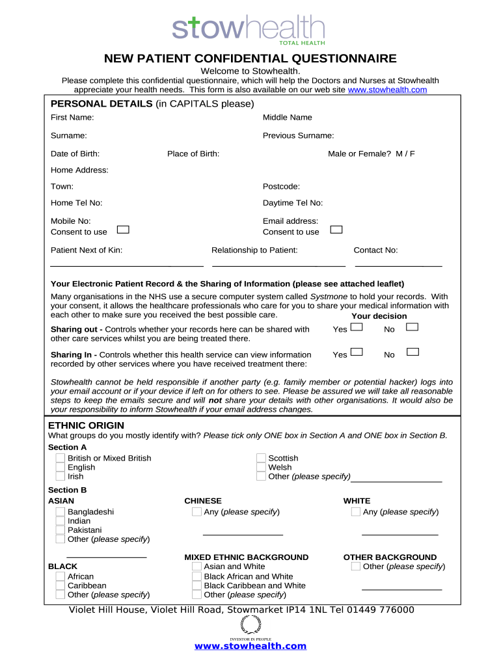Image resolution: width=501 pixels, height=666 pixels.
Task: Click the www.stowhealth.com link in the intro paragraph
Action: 387,90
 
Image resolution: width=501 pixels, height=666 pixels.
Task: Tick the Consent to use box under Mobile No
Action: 123,230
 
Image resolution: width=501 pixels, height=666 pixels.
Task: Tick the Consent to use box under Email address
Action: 336,230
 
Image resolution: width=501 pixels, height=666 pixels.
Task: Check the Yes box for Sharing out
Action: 357,327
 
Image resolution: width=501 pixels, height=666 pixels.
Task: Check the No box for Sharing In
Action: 412,352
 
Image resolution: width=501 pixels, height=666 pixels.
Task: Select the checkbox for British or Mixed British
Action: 60,459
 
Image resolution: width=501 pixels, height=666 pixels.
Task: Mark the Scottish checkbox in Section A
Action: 261,459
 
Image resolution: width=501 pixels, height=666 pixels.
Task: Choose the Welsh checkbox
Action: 261,468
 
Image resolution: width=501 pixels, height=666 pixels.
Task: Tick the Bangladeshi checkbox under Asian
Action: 60,512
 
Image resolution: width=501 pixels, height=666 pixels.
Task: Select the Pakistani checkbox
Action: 60,530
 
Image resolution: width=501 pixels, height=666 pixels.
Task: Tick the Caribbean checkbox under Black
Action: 60,585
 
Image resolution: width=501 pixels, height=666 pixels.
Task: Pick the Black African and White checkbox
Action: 196,576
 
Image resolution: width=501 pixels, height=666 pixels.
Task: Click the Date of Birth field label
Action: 75,153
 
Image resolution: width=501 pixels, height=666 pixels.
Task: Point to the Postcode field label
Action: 281,186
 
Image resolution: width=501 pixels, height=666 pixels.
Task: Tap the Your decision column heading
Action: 379,316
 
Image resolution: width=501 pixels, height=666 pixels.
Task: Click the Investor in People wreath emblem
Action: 251,624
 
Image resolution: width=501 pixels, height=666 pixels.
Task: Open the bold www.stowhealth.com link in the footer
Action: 251,646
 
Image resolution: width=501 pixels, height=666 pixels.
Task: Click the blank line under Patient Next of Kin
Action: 127,265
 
